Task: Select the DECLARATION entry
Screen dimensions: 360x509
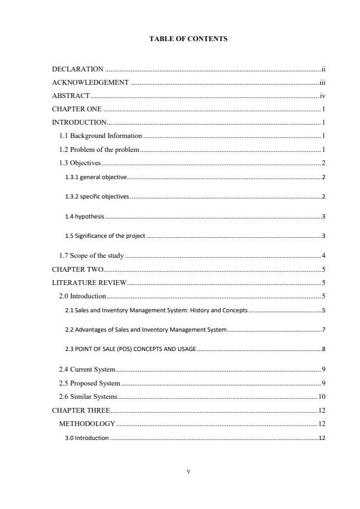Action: [78, 70]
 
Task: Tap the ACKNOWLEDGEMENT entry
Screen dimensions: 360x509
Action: [90, 82]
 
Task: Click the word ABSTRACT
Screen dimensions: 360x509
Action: [71, 96]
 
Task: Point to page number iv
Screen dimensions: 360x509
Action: [323, 96]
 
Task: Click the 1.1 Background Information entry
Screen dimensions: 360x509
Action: [100, 136]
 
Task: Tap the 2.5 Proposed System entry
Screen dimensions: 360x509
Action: [90, 383]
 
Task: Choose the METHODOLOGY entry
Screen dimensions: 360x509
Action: [87, 424]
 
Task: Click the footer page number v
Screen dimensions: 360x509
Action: [188, 470]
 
